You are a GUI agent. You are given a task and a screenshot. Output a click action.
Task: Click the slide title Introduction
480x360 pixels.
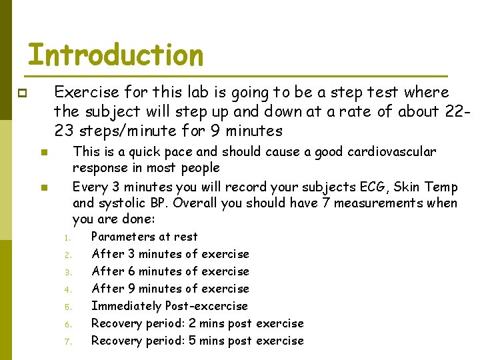[x=115, y=55]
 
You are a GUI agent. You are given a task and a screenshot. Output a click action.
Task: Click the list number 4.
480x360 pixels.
[x=67, y=290]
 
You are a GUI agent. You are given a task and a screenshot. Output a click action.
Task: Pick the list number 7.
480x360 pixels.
[x=67, y=342]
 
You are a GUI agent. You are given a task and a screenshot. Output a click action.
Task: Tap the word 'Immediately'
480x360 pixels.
[x=126, y=306]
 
